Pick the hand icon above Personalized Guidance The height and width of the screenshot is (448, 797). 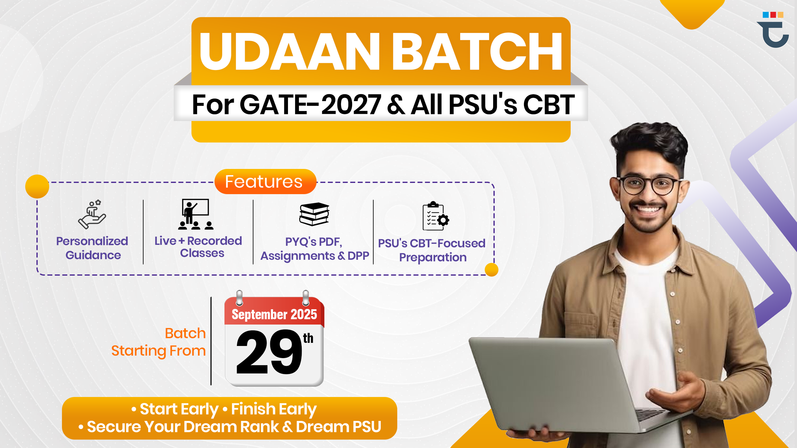[x=92, y=214]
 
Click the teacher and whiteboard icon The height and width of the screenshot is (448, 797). [x=196, y=214]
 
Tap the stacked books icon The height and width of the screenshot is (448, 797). [x=314, y=214]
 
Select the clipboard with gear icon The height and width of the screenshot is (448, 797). [x=436, y=216]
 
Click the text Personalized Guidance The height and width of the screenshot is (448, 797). [x=92, y=248]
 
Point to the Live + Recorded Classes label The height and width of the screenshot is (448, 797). [x=198, y=247]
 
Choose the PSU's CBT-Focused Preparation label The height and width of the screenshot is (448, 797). [x=432, y=250]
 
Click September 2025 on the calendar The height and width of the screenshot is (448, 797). [x=274, y=314]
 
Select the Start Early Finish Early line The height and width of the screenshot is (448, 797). [x=224, y=409]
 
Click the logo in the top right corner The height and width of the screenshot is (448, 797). [x=773, y=30]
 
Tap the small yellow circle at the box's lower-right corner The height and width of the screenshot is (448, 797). [x=492, y=270]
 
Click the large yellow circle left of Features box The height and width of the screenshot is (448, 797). [x=37, y=186]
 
